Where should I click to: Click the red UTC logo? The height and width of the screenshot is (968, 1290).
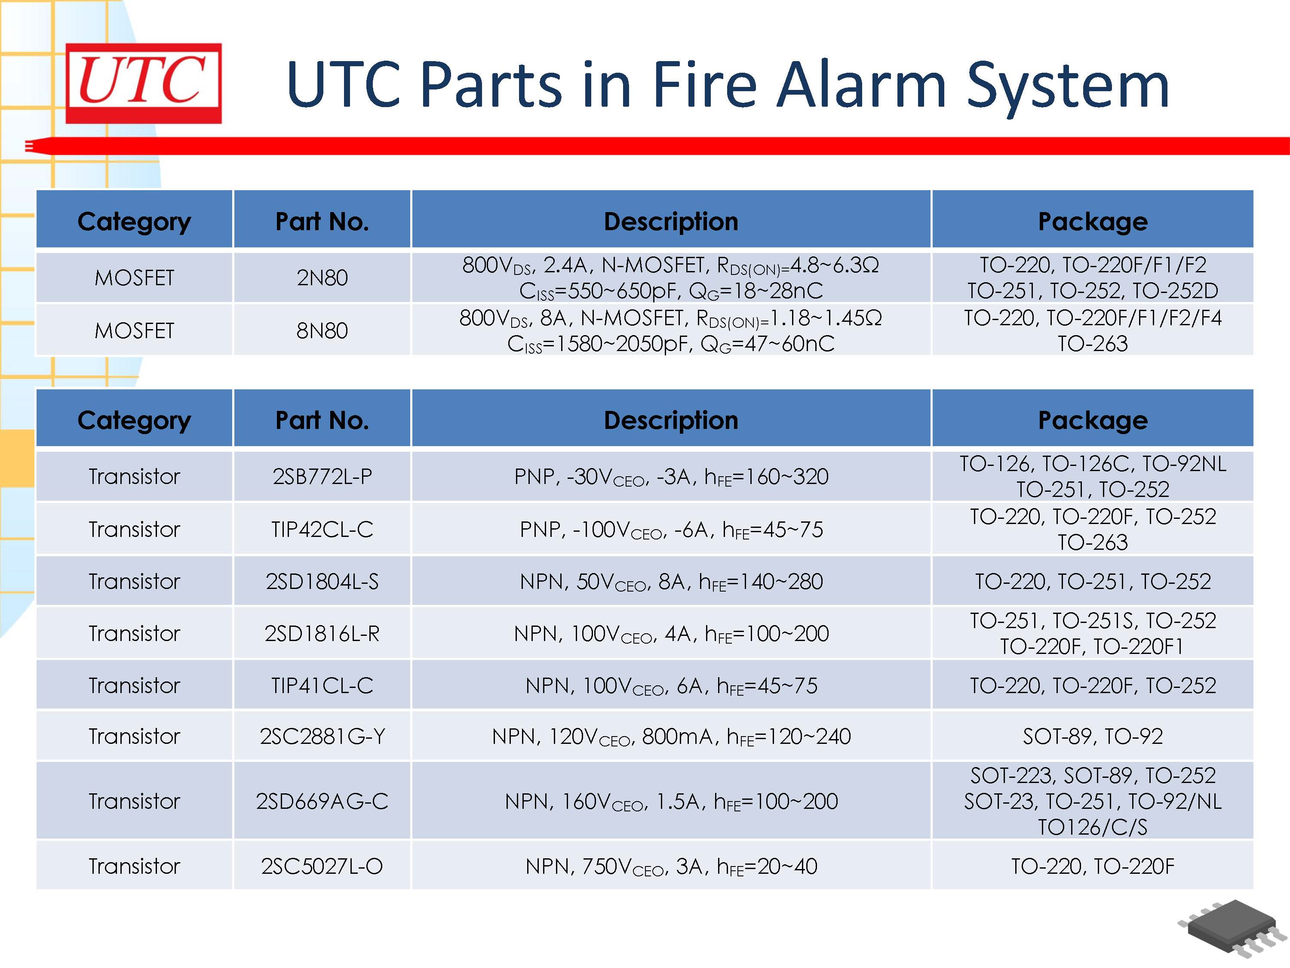coord(144,83)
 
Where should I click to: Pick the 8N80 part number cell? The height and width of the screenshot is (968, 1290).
coord(322,331)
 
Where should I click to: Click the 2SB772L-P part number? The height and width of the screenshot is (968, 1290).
coord(322,477)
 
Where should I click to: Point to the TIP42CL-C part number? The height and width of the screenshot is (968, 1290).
coord(322,529)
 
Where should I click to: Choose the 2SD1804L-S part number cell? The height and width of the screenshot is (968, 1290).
coord(322,581)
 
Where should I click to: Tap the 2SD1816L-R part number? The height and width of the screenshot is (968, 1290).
coord(322,633)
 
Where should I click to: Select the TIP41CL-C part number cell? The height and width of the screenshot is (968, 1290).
coord(322,685)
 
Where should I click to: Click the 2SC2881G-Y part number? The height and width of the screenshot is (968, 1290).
coord(322,737)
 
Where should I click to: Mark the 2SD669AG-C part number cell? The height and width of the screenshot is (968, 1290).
coord(322,801)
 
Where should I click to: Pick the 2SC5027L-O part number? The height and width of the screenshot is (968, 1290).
coord(322,866)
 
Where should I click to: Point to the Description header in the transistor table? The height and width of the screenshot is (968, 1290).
coord(671,420)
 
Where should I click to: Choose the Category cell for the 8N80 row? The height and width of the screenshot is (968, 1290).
coord(135,331)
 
